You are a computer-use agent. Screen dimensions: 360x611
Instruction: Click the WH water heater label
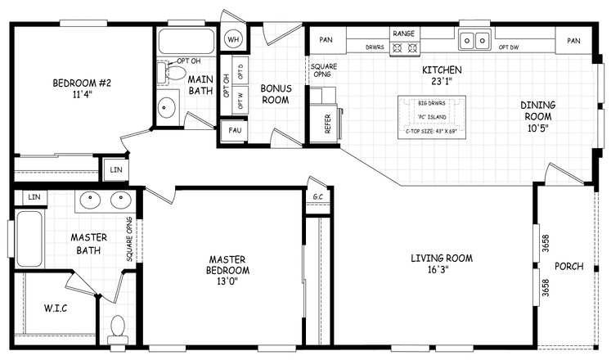coord(233,40)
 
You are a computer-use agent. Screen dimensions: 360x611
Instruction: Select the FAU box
coord(234,130)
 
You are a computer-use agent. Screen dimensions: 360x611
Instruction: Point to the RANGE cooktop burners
coord(403,47)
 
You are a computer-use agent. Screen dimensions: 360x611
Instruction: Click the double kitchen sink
coord(474,38)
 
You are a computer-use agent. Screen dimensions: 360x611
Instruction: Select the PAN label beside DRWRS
coord(326,39)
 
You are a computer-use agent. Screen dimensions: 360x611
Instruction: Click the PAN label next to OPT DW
coord(573,40)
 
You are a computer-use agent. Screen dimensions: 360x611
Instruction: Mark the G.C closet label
coord(317,197)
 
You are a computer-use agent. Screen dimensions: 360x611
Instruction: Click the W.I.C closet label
coord(55,308)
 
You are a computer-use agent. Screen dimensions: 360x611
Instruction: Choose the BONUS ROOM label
coord(276,93)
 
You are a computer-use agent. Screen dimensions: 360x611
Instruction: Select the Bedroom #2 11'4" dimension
coord(75,94)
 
